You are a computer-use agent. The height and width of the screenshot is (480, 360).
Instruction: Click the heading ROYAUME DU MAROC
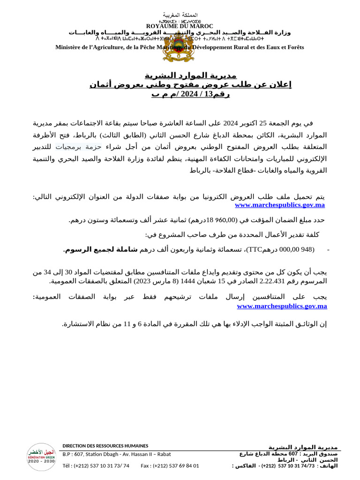coord(180,26)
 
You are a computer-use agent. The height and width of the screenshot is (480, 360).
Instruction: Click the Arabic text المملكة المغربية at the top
coord(180,15)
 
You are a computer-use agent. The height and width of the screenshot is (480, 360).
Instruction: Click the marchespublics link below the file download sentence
coord(279,205)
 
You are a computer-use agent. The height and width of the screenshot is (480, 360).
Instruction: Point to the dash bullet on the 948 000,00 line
coord(328,250)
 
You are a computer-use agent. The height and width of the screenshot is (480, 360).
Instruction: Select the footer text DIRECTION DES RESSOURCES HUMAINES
coord(105,446)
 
